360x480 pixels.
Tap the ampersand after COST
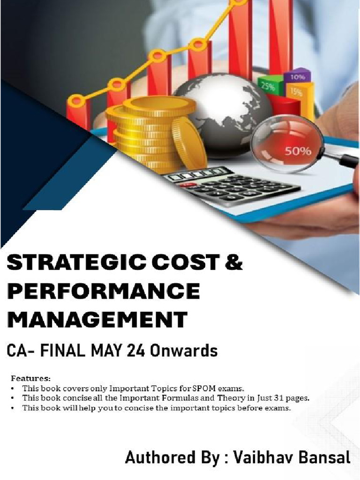point(233,262)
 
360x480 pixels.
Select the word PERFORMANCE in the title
point(104,291)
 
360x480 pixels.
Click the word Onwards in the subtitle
point(190,351)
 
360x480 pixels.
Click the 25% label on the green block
point(268,86)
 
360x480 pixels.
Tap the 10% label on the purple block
point(297,76)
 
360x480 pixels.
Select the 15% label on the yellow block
point(297,92)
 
